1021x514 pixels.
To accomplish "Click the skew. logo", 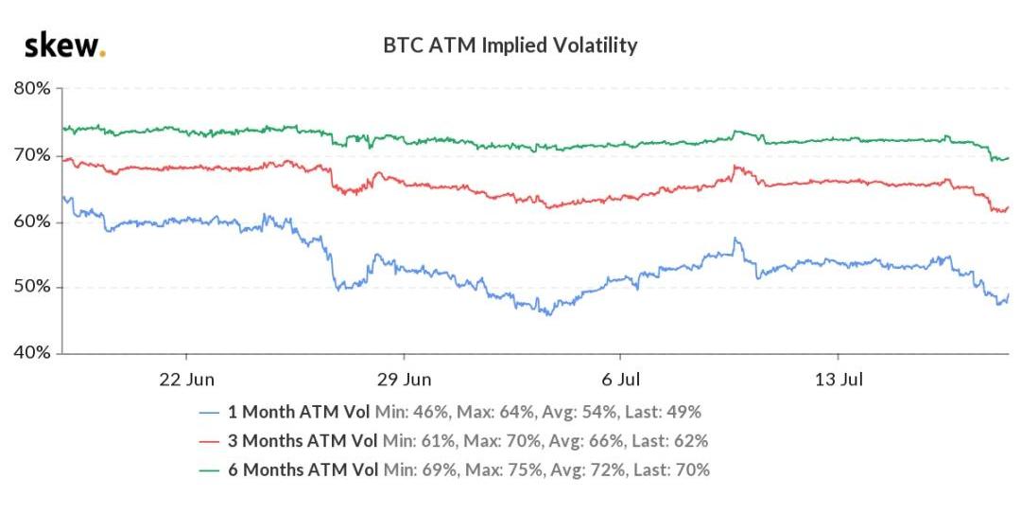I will (64, 45).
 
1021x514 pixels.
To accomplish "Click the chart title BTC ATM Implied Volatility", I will (510, 44).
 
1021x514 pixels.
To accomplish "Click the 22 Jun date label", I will (187, 379).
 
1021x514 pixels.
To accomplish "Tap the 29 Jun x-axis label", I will (404, 379).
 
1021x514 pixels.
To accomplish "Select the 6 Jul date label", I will (620, 379).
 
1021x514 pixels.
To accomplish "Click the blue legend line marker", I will (211, 413).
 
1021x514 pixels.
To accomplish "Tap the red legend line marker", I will (211, 441).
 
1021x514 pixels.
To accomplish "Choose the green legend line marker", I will (211, 470).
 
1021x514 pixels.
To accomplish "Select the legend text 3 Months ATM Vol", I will (303, 441).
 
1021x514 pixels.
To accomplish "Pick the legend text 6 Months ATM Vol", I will (303, 470).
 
